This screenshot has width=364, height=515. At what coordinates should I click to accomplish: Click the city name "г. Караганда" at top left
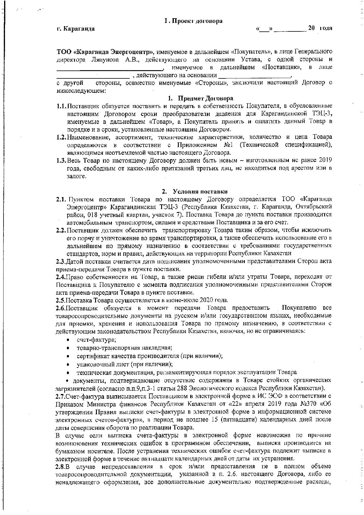(75, 28)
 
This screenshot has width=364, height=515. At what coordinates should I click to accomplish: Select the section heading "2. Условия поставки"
(195, 191)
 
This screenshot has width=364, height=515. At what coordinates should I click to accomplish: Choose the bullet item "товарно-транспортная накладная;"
(124, 348)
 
